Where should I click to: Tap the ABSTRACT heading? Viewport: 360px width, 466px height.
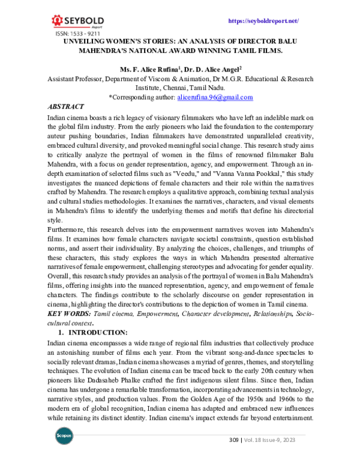click(x=66, y=106)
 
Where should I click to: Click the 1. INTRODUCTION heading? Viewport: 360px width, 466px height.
click(x=97, y=332)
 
